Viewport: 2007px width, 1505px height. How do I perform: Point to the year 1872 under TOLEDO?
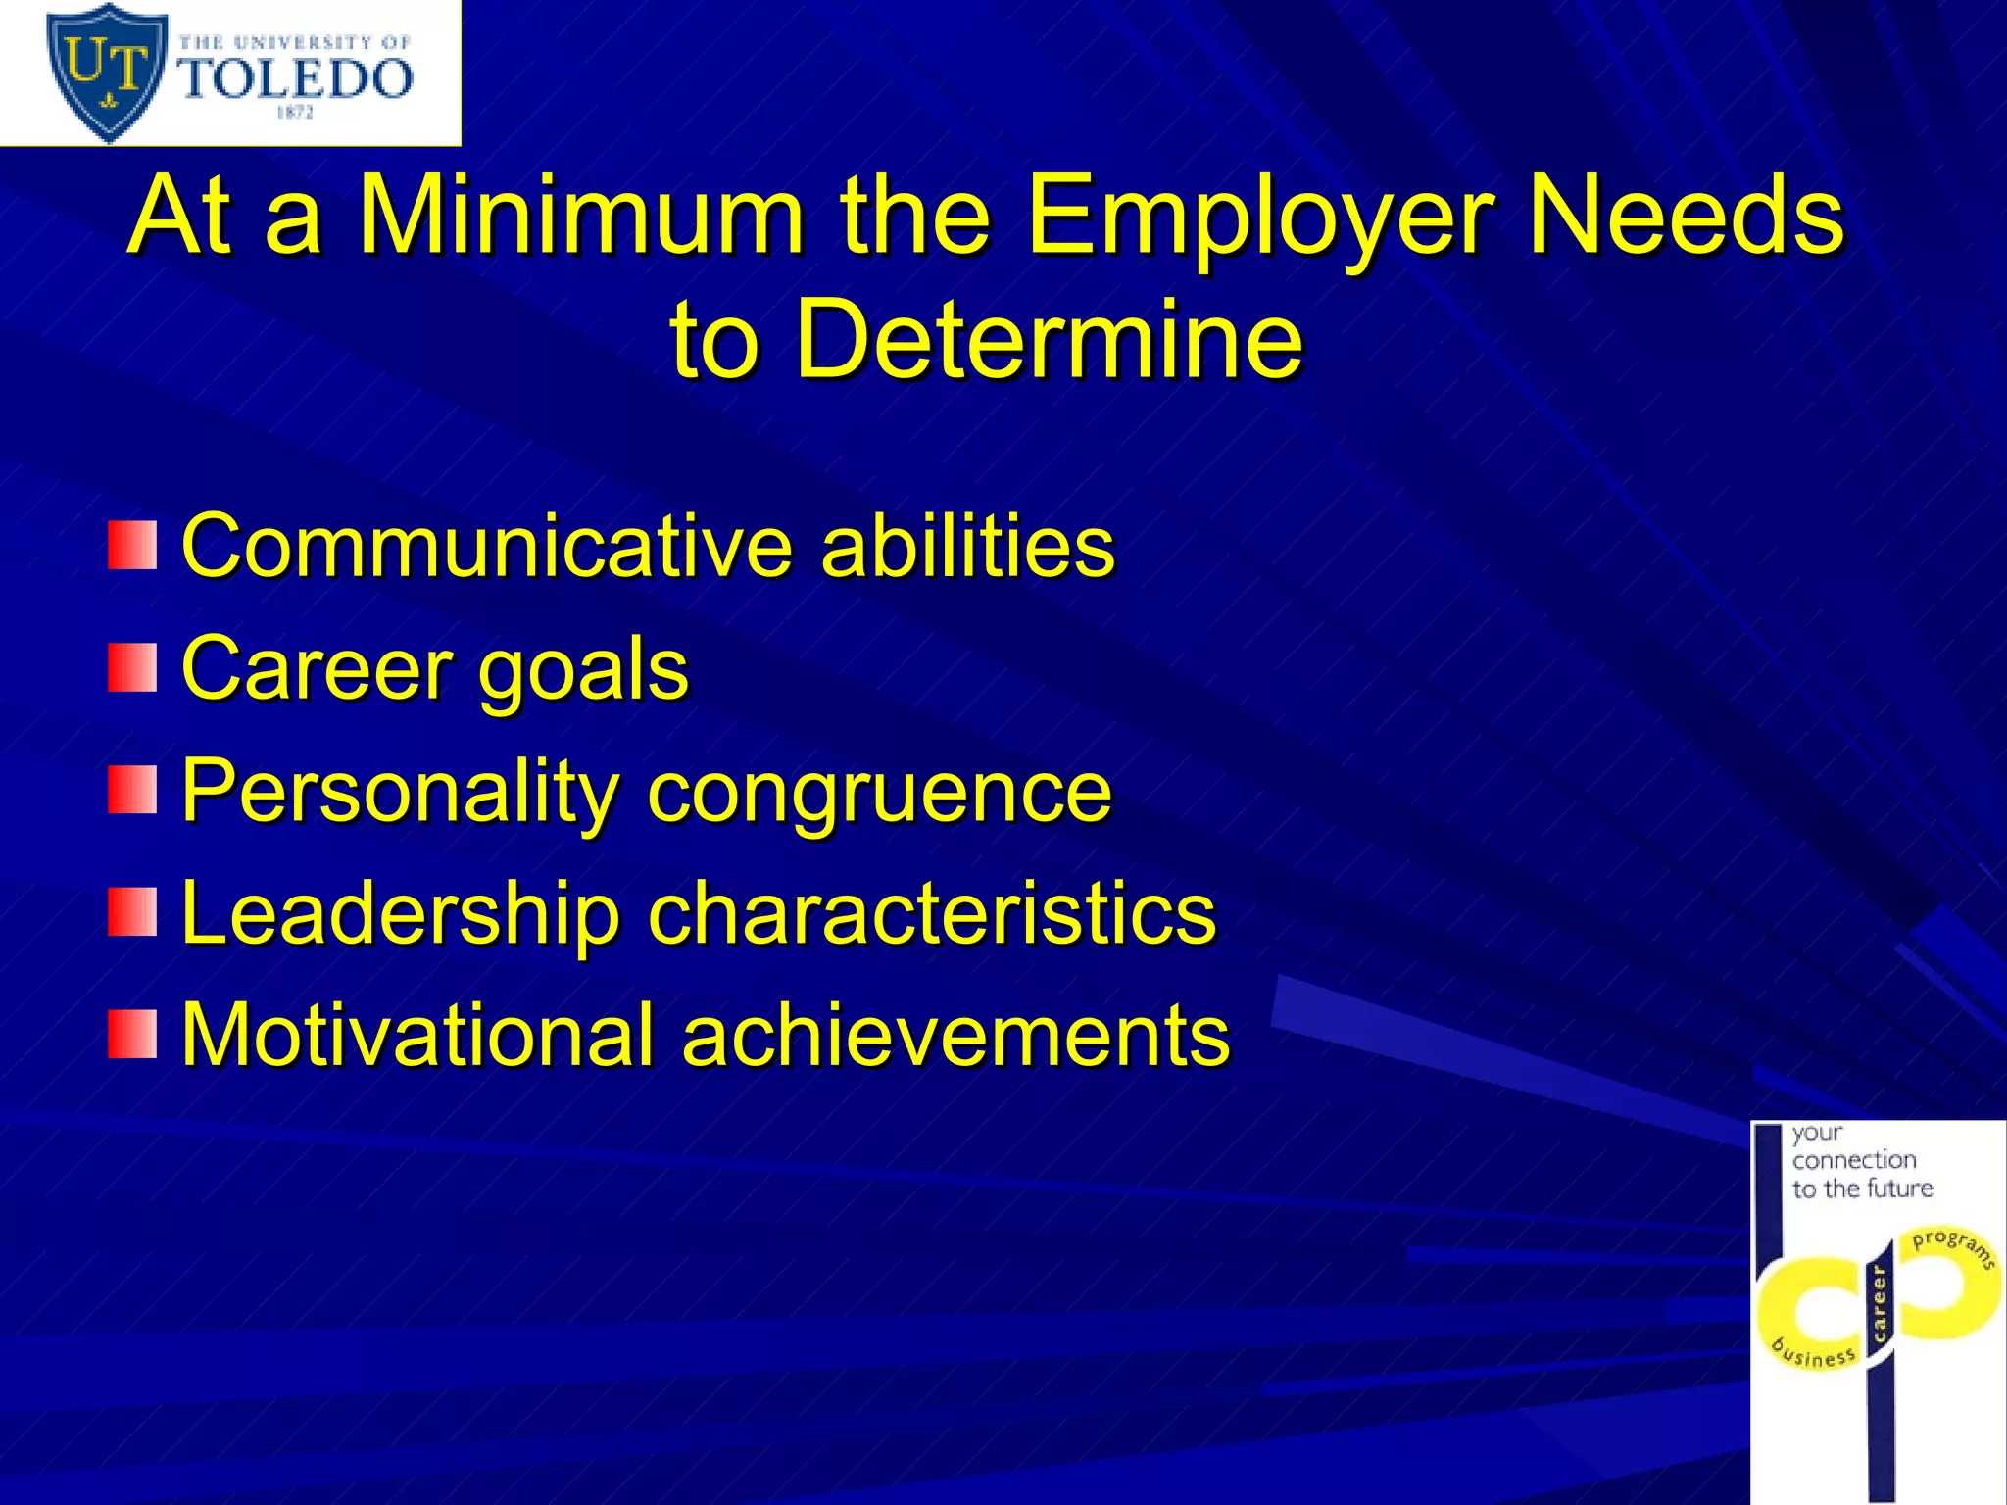pyautogui.click(x=294, y=113)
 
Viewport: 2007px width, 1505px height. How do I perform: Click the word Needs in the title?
pyautogui.click(x=1686, y=216)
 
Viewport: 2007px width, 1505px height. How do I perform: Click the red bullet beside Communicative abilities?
pyautogui.click(x=132, y=545)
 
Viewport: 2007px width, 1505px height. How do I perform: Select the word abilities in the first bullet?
pyautogui.click(x=967, y=546)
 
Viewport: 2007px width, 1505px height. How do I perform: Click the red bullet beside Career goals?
pyautogui.click(x=132, y=667)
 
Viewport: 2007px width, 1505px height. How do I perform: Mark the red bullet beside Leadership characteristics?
pyautogui.click(x=132, y=912)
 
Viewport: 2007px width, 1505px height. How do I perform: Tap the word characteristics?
pyautogui.click(x=932, y=913)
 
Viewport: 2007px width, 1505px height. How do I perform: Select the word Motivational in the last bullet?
pyautogui.click(x=417, y=1035)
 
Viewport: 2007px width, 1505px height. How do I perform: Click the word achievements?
pyautogui.click(x=955, y=1035)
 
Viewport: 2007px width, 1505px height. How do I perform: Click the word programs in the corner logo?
pyautogui.click(x=1953, y=1246)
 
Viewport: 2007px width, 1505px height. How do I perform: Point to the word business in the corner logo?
pyautogui.click(x=1814, y=1352)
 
